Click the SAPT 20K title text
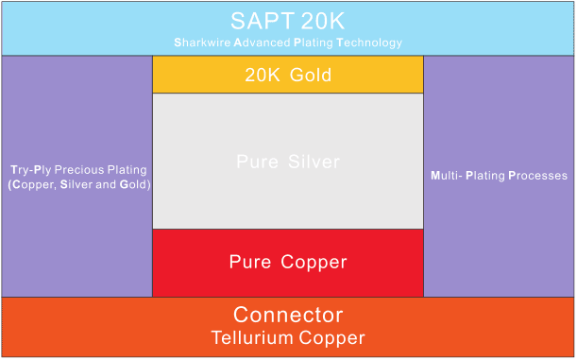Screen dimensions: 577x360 (x=287, y=20)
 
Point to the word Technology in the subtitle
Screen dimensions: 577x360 (x=368, y=43)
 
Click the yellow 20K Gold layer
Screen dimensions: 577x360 (x=287, y=75)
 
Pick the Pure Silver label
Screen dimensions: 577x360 (x=287, y=162)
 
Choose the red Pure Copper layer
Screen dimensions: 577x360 (x=287, y=262)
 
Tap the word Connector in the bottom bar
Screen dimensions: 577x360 (x=287, y=315)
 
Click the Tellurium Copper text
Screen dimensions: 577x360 (x=287, y=337)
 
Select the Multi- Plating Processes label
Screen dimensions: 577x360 (x=499, y=176)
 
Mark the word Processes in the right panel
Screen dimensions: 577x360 (x=538, y=176)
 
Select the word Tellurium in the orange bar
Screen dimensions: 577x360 (x=253, y=337)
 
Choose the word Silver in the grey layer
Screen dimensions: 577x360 (x=314, y=162)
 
